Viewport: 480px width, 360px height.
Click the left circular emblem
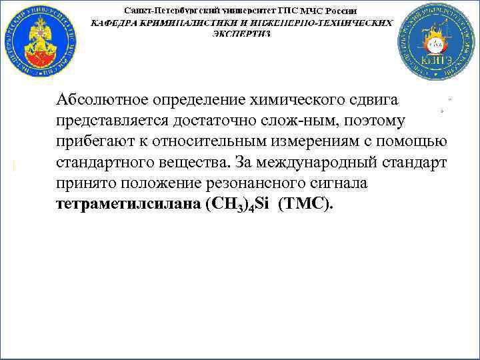pos(39,41)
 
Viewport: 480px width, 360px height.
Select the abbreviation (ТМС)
pos(307,205)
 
